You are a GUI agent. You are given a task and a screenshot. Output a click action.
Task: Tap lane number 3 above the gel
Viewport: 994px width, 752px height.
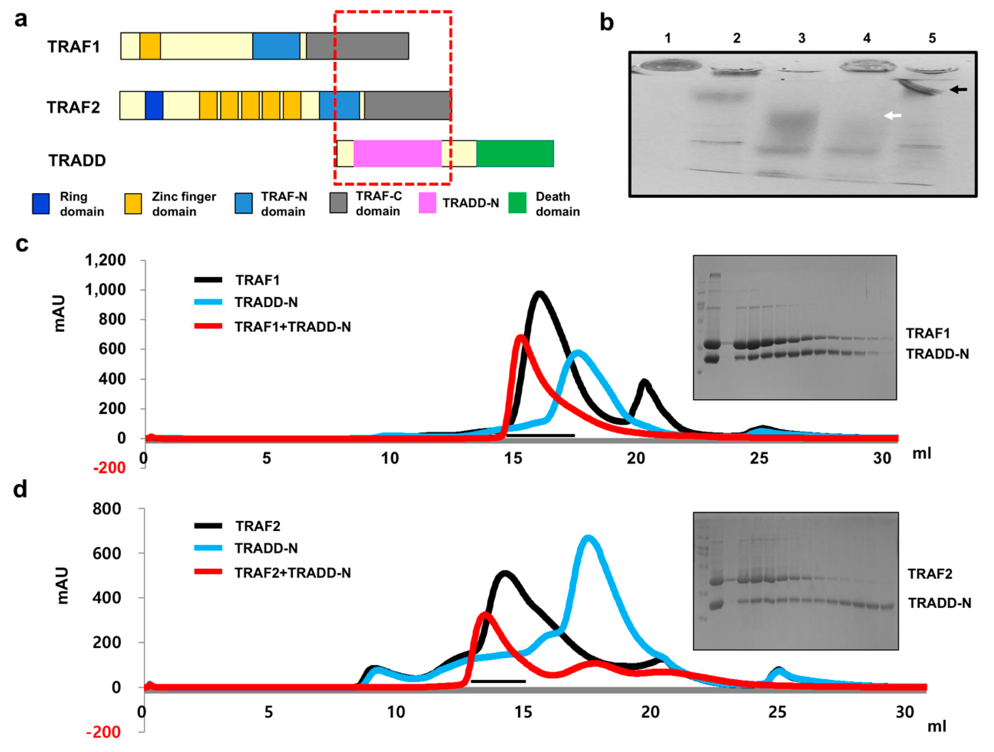click(x=802, y=39)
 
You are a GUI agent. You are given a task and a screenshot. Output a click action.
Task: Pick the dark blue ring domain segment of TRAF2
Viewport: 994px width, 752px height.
click(x=154, y=106)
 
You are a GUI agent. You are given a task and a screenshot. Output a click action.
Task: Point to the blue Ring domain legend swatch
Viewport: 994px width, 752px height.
click(x=41, y=203)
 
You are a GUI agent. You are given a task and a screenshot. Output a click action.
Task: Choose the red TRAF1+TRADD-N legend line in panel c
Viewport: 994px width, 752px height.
click(x=208, y=326)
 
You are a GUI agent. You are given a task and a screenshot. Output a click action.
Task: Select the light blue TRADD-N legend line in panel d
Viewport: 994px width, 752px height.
click(x=208, y=548)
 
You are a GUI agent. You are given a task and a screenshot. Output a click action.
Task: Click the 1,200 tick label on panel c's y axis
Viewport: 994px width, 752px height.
click(x=105, y=260)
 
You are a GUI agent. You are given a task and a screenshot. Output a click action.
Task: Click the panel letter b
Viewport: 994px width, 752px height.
click(x=607, y=23)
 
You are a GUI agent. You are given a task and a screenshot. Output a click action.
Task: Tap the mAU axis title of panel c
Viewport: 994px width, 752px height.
click(x=59, y=314)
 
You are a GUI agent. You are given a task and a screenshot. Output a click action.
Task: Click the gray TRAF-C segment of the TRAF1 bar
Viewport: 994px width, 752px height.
click(x=357, y=46)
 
